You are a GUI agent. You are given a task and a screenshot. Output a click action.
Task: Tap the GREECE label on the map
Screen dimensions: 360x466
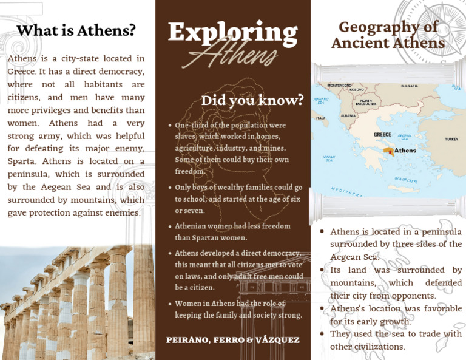382,134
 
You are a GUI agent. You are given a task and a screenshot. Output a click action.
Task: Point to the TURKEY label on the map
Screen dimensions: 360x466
451,139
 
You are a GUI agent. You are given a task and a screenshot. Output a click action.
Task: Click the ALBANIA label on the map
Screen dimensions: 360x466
348,115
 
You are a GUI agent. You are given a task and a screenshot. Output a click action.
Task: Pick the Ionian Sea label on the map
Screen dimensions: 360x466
328,158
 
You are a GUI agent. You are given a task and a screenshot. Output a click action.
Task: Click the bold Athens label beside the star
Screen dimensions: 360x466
405,150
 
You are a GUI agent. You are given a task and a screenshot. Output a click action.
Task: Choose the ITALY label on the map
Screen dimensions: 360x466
320,118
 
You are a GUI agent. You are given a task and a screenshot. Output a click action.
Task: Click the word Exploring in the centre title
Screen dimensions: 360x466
233,32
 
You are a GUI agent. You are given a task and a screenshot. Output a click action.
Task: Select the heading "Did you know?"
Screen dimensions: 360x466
252,100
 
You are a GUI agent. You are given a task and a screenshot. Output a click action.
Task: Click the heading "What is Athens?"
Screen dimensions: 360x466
76,30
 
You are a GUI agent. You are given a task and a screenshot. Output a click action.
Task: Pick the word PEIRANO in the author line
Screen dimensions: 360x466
188,339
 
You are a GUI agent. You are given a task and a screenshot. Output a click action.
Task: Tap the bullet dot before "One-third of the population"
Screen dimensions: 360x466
169,126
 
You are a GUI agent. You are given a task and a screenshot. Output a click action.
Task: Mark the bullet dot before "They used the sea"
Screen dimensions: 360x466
322,335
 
